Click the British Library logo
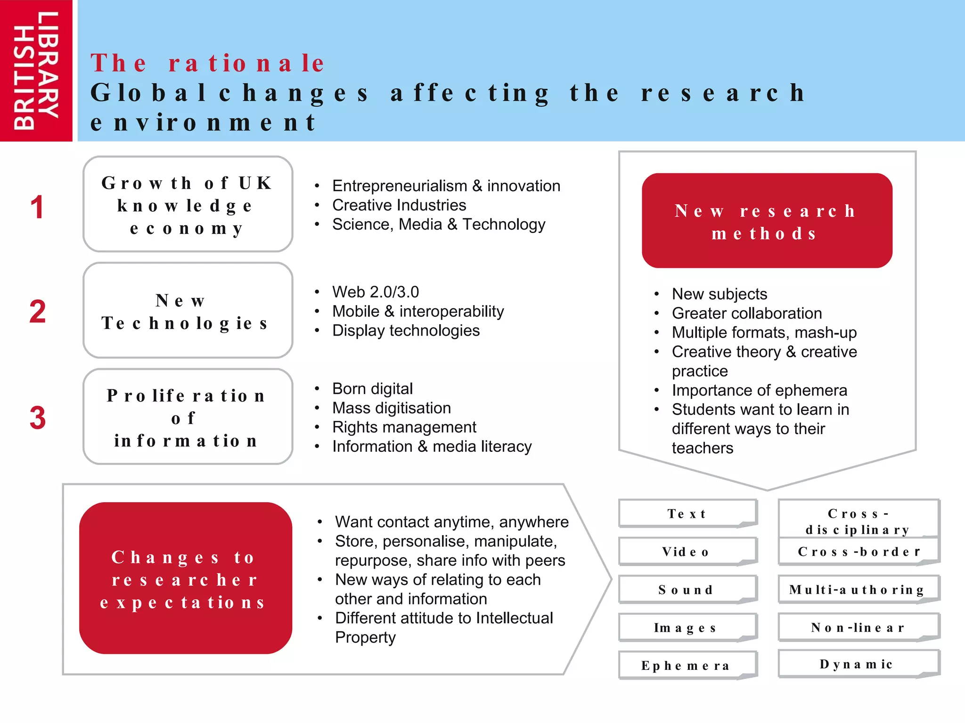pyautogui.click(x=36, y=71)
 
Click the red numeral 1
pyautogui.click(x=37, y=208)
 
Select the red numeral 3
pyautogui.click(x=38, y=418)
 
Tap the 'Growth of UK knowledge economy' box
pyautogui.click(x=188, y=204)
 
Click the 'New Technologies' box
pyautogui.click(x=188, y=311)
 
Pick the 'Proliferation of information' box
pyautogui.click(x=188, y=417)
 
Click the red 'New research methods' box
pyautogui.click(x=767, y=221)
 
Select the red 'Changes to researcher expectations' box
pyautogui.click(x=185, y=578)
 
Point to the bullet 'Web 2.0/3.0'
pyautogui.click(x=375, y=292)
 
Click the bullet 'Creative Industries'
pyautogui.click(x=399, y=205)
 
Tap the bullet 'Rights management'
pyautogui.click(x=404, y=427)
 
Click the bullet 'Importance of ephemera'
pyautogui.click(x=759, y=391)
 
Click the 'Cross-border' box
pyautogui.click(x=859, y=552)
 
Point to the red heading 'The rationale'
pyautogui.click(x=207, y=63)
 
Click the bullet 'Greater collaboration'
pyautogui.click(x=746, y=313)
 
